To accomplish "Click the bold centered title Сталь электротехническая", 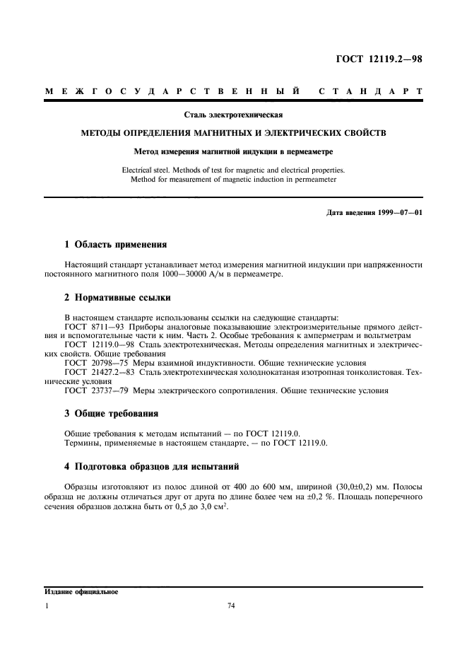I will click(233, 113).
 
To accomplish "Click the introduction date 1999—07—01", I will click(396, 212).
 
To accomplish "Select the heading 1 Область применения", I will click(115, 245).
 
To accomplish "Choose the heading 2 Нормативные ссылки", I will click(117, 298).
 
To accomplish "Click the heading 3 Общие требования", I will click(111, 414).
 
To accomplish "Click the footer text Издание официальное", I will click(81, 592).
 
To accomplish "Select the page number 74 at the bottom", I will click(230, 606).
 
